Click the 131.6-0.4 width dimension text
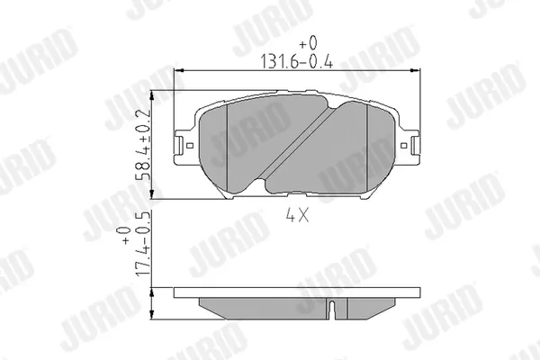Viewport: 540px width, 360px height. (296, 61)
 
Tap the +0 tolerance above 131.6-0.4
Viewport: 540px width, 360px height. (308, 43)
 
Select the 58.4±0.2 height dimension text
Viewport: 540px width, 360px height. (143, 145)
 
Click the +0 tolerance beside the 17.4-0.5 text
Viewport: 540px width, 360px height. (124, 235)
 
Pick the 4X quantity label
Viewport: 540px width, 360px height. (297, 216)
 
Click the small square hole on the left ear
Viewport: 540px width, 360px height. (189, 146)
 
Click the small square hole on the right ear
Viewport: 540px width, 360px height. (403, 146)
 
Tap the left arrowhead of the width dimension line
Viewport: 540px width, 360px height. (178, 70)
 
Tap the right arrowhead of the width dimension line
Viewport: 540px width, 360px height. (415, 70)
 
